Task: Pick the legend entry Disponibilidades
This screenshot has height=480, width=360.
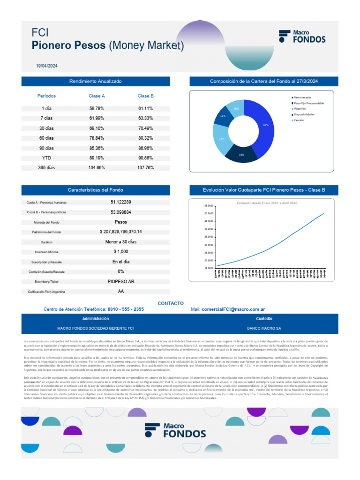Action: click(304, 114)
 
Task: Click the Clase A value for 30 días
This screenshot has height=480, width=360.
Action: click(97, 128)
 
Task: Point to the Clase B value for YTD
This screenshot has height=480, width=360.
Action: click(145, 158)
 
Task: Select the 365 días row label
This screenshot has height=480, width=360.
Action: click(46, 168)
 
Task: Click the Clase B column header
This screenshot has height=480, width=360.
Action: click(145, 96)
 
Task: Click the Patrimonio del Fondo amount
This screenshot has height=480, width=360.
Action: click(120, 232)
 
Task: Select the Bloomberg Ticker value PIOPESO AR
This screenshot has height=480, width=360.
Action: click(120, 282)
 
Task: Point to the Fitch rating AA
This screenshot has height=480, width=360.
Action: click(121, 292)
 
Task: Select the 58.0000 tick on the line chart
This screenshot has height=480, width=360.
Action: click(209, 206)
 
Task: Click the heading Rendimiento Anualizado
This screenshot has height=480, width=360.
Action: click(95, 82)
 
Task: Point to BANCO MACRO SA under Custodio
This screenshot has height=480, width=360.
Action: click(264, 329)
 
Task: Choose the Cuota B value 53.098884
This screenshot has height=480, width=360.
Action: click(120, 212)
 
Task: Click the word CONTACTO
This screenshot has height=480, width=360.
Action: click(171, 303)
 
